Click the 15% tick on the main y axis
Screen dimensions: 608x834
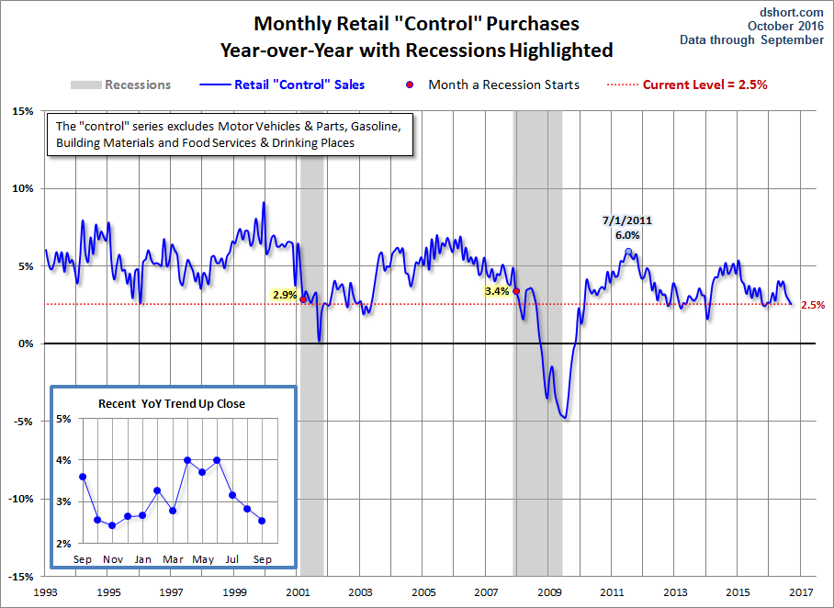[x=22, y=112]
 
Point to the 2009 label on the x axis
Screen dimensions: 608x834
[x=549, y=592]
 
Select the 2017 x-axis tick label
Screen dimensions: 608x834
[x=800, y=592]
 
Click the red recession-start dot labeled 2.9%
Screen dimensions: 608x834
[x=303, y=298]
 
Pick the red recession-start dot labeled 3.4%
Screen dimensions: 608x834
[x=516, y=291]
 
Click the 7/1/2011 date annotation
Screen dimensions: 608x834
[x=627, y=220]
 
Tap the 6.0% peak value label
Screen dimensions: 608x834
[x=627, y=235]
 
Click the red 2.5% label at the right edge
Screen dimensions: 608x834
[x=812, y=305]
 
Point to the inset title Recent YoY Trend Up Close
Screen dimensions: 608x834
[x=172, y=403]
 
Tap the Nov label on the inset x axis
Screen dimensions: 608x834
[x=112, y=558]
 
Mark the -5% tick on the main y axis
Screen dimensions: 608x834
[x=22, y=422]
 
